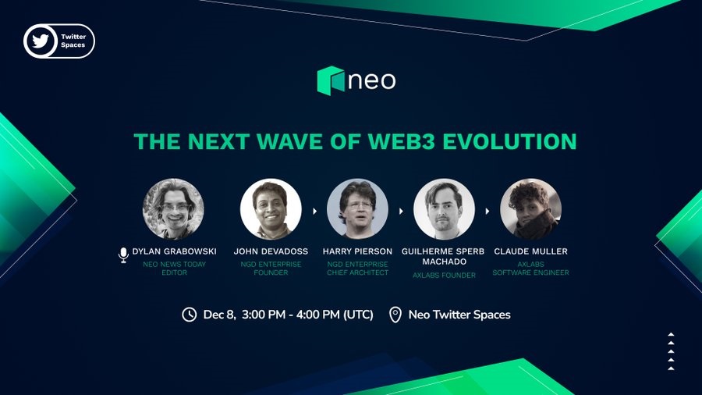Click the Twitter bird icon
tap(41, 41)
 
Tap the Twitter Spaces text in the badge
tap(73, 41)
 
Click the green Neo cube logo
tap(331, 80)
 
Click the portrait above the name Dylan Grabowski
tap(173, 208)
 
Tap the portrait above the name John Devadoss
tap(271, 208)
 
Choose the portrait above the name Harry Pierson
tap(358, 208)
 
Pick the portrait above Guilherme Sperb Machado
tap(444, 208)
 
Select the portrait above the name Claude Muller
tap(531, 208)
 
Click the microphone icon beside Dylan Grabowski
tap(123, 254)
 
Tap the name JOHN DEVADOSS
tap(271, 251)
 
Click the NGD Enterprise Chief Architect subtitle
tap(358, 269)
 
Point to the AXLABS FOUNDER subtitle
tap(444, 276)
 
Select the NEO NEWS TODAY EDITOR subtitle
tap(174, 269)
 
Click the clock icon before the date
tap(190, 315)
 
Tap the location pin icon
tap(395, 315)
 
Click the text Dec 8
tap(219, 315)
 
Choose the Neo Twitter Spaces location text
tap(459, 315)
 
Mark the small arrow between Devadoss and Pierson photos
tap(315, 211)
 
